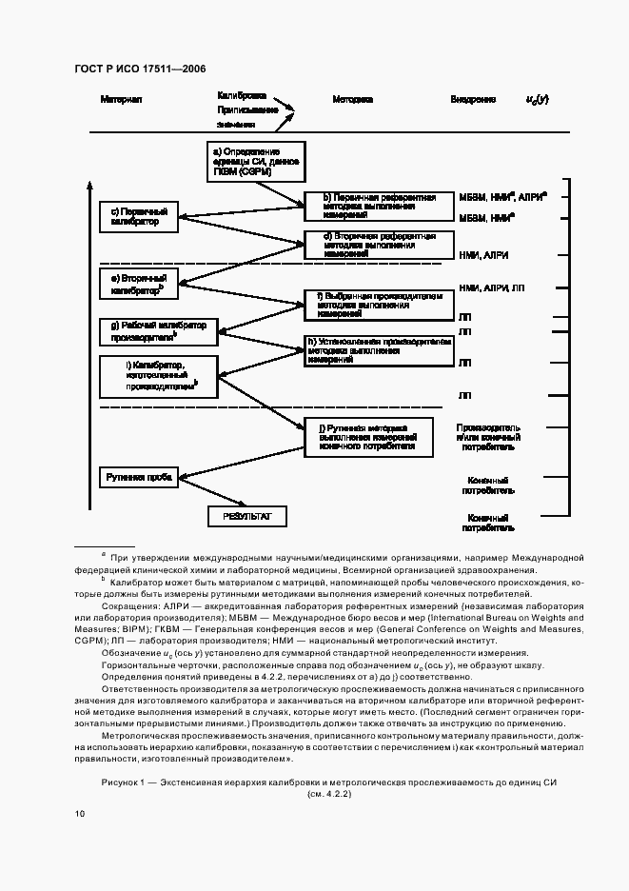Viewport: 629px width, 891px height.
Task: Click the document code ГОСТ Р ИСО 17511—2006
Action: tap(140, 68)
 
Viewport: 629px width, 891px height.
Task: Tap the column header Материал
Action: tap(121, 99)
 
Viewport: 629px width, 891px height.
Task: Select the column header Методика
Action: tap(352, 99)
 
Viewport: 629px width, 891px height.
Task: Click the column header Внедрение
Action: tap(473, 99)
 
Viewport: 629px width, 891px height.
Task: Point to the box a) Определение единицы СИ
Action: tap(256, 161)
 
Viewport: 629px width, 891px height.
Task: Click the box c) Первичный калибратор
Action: tap(139, 217)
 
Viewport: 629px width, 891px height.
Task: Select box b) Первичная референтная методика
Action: tap(372, 205)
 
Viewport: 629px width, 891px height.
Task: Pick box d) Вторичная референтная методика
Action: tap(372, 244)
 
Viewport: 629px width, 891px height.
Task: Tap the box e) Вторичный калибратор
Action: tap(139, 281)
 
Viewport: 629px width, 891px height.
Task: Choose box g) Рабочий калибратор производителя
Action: tap(159, 330)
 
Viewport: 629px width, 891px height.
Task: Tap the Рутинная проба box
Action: tap(139, 476)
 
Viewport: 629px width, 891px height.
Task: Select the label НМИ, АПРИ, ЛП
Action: tap(490, 287)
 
